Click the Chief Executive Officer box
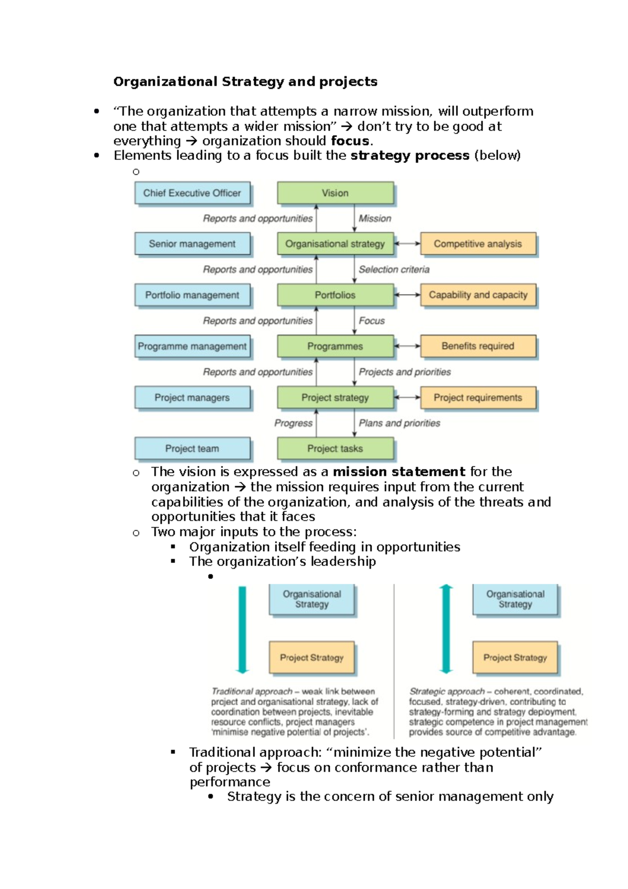(192, 193)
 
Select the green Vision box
(335, 193)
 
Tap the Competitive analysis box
(478, 244)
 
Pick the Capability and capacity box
(478, 295)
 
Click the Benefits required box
(478, 346)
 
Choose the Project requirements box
(478, 398)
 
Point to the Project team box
(192, 449)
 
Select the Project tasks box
(335, 449)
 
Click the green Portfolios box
(335, 295)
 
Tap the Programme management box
(192, 347)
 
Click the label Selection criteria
(394, 270)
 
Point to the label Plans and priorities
(399, 423)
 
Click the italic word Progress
(293, 423)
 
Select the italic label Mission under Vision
(375, 219)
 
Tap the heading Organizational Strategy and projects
(245, 82)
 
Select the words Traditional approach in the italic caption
(252, 692)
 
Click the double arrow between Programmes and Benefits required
(407, 346)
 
